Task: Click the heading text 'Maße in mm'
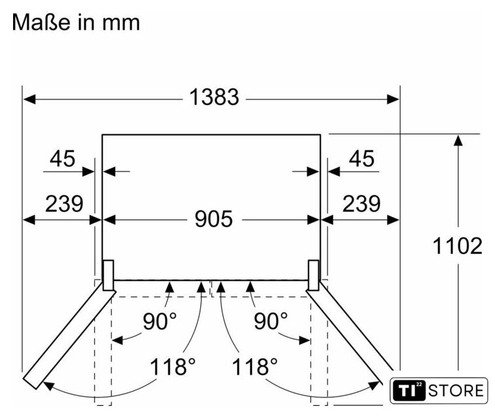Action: (76, 22)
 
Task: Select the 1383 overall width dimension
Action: (214, 97)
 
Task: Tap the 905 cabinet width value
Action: (213, 219)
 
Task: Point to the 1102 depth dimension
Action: (458, 246)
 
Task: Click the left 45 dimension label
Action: (62, 158)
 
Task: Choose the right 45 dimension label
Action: (361, 158)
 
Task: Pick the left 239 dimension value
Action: (64, 204)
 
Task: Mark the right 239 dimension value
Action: (361, 204)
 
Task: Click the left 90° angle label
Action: (160, 321)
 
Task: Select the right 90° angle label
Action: (271, 321)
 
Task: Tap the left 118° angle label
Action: (172, 367)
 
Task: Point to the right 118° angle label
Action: (255, 367)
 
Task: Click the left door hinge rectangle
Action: (108, 276)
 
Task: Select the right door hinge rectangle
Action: (314, 276)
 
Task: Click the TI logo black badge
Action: (409, 391)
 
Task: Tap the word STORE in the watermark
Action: (456, 391)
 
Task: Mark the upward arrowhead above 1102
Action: (458, 140)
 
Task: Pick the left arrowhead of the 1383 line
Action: (29, 99)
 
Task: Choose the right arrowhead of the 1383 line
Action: (393, 99)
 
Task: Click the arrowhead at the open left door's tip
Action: (49, 386)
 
